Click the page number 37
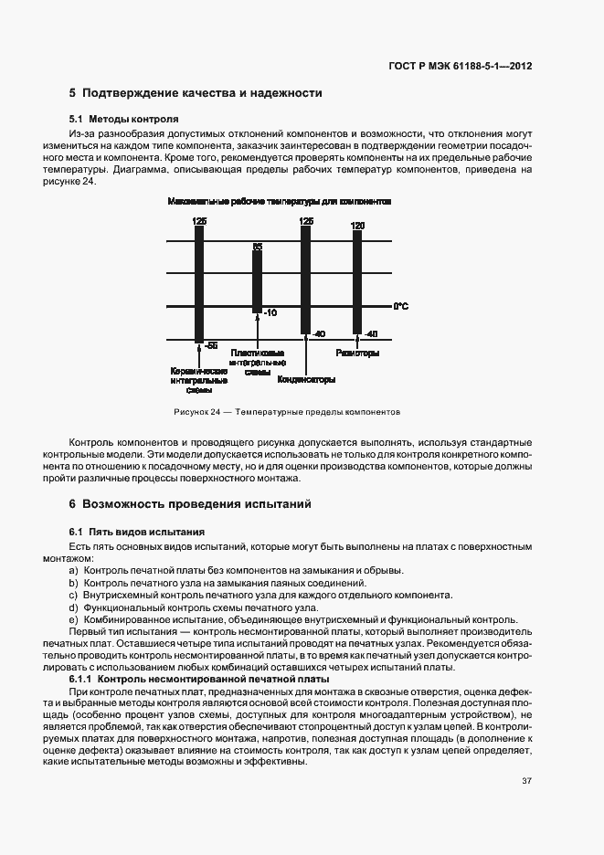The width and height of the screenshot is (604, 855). click(526, 781)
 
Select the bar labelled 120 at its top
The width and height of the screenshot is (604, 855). click(358, 283)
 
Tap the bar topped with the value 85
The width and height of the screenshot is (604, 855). click(258, 279)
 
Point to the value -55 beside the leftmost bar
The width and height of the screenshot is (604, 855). click(210, 345)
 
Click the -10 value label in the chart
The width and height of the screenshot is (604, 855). click(269, 313)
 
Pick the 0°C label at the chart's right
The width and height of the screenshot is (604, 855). click(400, 306)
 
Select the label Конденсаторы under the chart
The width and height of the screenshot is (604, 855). click(307, 379)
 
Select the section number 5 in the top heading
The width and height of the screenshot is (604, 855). click(72, 93)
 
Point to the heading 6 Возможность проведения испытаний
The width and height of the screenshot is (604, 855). click(190, 503)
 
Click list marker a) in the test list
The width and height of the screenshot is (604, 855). click(73, 570)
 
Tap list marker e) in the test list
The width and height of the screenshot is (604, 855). click(73, 618)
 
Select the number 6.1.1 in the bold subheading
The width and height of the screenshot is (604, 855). click(80, 680)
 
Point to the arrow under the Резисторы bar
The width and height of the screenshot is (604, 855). click(358, 343)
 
